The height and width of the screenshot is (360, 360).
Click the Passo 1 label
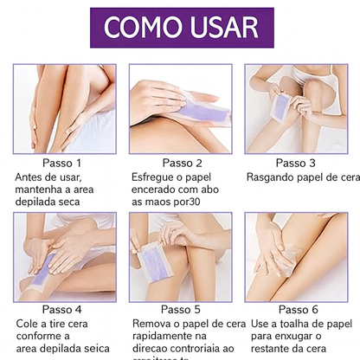tap(61, 163)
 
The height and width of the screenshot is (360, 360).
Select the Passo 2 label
tap(182, 163)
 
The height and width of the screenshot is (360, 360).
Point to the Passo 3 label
tap(296, 163)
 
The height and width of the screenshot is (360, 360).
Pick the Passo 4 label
tap(61, 308)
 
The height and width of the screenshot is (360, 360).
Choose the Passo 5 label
tap(182, 308)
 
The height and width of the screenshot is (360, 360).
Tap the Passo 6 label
tap(296, 308)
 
